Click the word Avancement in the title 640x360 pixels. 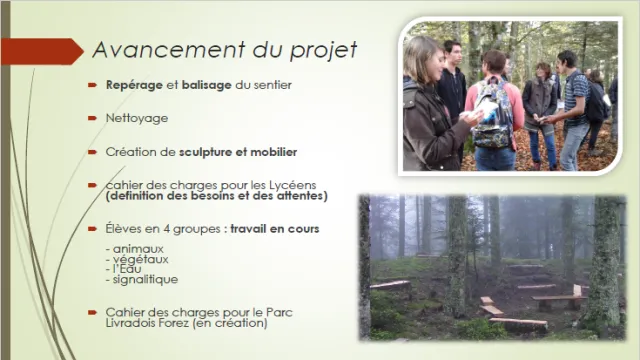[x=169, y=50]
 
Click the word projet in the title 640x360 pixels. [x=323, y=51]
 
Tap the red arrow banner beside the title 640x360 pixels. [x=42, y=51]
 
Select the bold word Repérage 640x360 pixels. [x=134, y=85]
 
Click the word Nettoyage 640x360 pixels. [x=137, y=118]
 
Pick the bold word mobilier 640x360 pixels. [x=273, y=152]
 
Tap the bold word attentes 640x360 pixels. [x=300, y=196]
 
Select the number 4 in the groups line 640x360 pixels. [x=167, y=229]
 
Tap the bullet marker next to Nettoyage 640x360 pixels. [x=92, y=118]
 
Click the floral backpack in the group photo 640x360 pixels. [x=492, y=114]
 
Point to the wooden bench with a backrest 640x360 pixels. [x=558, y=299]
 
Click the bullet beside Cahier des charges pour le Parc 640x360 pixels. [x=92, y=313]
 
